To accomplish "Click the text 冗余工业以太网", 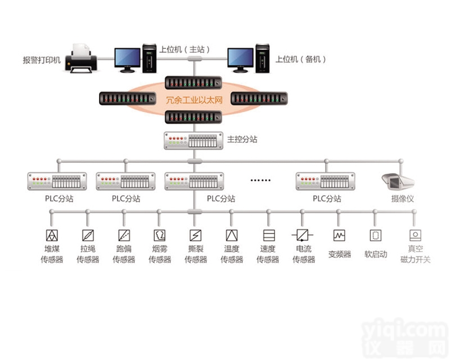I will [195, 100].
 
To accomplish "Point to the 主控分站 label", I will [242, 139].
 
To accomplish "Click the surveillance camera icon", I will [397, 181].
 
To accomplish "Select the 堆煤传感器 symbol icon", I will [52, 235].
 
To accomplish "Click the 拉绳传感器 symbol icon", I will [88, 235].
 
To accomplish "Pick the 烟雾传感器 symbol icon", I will [160, 235].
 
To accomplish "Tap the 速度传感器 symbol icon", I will [268, 235].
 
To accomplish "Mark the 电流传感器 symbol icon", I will [303, 235].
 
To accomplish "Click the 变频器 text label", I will [339, 254].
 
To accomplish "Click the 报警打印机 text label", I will [41, 59].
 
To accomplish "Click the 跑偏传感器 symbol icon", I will [124, 235].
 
